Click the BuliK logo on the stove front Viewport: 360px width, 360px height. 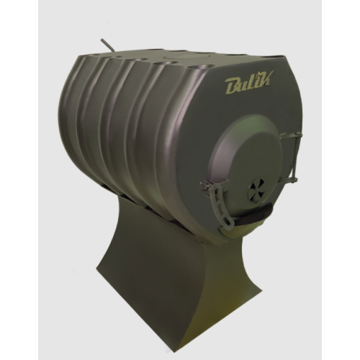pyautogui.click(x=247, y=85)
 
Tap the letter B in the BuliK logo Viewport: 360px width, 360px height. pyautogui.click(x=230, y=88)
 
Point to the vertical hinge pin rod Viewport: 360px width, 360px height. pyautogui.click(x=295, y=156)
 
